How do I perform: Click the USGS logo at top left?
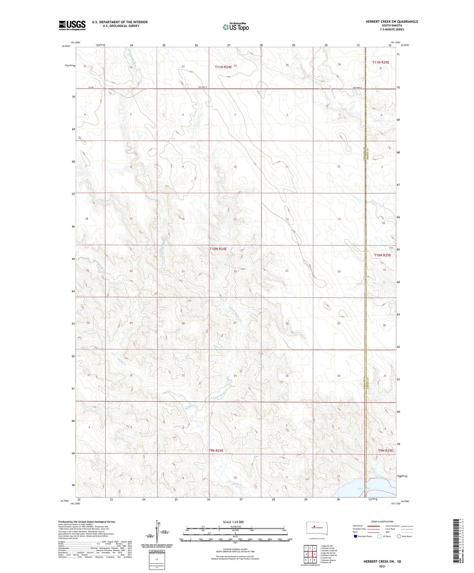(x=72, y=25)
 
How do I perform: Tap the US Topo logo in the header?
(x=236, y=27)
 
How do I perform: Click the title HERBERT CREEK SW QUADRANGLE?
(x=392, y=22)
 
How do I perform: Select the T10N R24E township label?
(x=218, y=249)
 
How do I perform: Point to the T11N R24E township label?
(x=223, y=67)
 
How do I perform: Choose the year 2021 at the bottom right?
(x=382, y=566)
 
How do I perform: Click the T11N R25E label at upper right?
(x=381, y=62)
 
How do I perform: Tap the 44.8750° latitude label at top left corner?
(x=66, y=46)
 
